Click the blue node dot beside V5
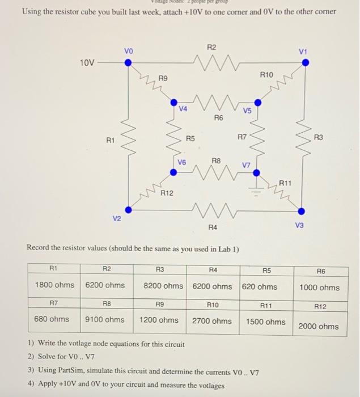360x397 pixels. pyautogui.click(x=258, y=103)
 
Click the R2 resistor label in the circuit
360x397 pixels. pyautogui.click(x=212, y=47)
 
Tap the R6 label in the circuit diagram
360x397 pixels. pyautogui.click(x=218, y=118)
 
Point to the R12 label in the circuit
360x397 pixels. pyautogui.click(x=167, y=194)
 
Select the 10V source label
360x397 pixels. pyautogui.click(x=87, y=62)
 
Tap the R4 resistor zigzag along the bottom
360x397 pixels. pyautogui.click(x=211, y=211)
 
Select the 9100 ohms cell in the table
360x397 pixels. pyautogui.click(x=105, y=319)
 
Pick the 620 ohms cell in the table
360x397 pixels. pyautogui.click(x=260, y=286)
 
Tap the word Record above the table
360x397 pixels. pyautogui.click(x=40, y=249)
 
